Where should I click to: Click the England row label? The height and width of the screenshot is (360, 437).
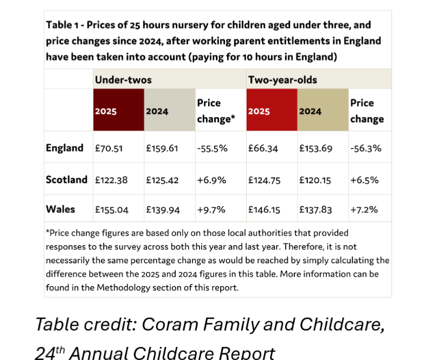point(65,148)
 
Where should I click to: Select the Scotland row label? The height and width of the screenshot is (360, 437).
point(66,179)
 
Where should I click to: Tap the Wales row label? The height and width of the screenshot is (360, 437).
point(61,209)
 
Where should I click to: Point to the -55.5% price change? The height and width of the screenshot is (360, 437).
point(211,149)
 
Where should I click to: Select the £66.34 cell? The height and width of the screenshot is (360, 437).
point(263,149)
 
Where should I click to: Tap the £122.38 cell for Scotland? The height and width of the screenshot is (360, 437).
point(111,180)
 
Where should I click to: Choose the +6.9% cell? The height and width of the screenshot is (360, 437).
point(211,180)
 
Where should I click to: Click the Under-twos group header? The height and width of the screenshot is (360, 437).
point(123,80)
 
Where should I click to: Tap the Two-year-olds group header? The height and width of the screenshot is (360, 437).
point(282,80)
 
